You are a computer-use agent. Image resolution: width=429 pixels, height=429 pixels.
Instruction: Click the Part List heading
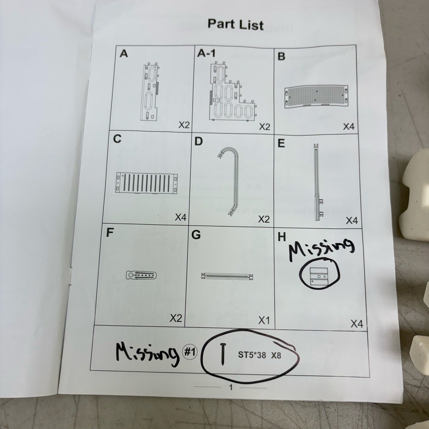236,24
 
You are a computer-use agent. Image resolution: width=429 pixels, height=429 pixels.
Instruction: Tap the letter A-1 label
206,53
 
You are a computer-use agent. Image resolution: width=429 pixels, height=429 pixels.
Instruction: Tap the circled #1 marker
190,352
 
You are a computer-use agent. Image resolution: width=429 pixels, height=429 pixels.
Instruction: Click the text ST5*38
252,355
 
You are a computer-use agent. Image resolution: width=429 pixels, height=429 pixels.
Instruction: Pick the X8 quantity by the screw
276,356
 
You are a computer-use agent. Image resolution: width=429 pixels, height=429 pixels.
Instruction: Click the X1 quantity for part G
264,320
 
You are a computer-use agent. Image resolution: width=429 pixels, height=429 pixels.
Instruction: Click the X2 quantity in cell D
264,219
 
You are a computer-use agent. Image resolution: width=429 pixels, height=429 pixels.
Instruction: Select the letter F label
109,233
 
